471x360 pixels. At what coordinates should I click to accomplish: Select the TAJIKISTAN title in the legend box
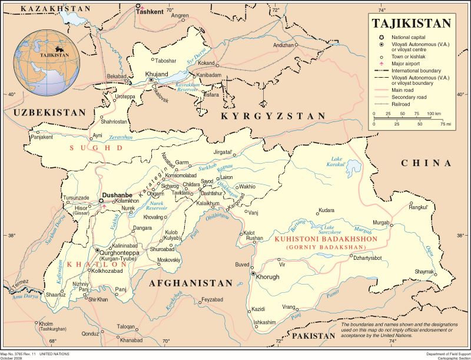pyautogui.click(x=412, y=24)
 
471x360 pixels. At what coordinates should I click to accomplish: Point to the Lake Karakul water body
pyautogui.click(x=353, y=166)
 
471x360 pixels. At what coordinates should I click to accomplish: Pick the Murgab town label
pyautogui.click(x=382, y=222)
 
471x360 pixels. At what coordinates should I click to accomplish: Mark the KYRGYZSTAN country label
pyautogui.click(x=273, y=116)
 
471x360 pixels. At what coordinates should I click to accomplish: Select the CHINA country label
pyautogui.click(x=426, y=163)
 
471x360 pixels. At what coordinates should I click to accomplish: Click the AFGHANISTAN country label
pyautogui.click(x=191, y=283)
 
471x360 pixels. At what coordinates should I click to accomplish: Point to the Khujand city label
pyautogui.click(x=156, y=74)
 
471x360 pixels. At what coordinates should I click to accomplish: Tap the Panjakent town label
pyautogui.click(x=41, y=137)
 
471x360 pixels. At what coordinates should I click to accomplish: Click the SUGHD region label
pyautogui.click(x=96, y=148)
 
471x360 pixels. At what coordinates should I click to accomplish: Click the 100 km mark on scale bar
pyautogui.click(x=434, y=113)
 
